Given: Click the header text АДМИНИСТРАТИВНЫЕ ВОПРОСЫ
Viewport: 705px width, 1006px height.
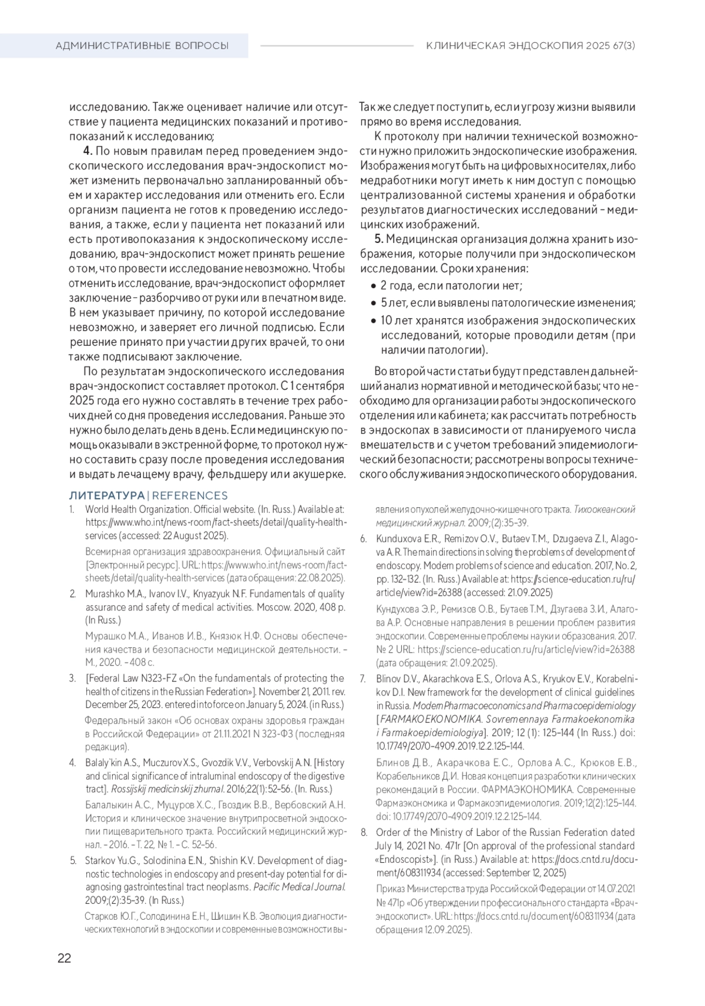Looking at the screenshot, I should pyautogui.click(x=142, y=45).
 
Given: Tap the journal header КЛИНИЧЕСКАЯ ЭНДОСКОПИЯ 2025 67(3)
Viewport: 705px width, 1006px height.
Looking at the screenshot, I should pyautogui.click(x=531, y=45).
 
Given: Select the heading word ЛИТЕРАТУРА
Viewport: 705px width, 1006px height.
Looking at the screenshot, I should pyautogui.click(x=106, y=495).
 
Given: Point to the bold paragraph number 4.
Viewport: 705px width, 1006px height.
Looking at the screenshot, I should pyautogui.click(x=88, y=151).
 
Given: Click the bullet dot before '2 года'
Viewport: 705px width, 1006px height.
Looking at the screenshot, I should pyautogui.click(x=374, y=286).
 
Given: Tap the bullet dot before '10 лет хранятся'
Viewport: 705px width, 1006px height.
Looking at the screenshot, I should pyautogui.click(x=374, y=321).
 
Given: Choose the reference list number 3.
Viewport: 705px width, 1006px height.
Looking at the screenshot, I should pyautogui.click(x=72, y=678).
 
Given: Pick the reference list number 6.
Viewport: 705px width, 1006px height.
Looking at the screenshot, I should pyautogui.click(x=363, y=538).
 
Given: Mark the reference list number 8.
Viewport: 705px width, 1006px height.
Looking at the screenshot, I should pyautogui.click(x=363, y=832).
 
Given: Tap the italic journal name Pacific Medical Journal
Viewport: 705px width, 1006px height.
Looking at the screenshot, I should pyautogui.click(x=298, y=887).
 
